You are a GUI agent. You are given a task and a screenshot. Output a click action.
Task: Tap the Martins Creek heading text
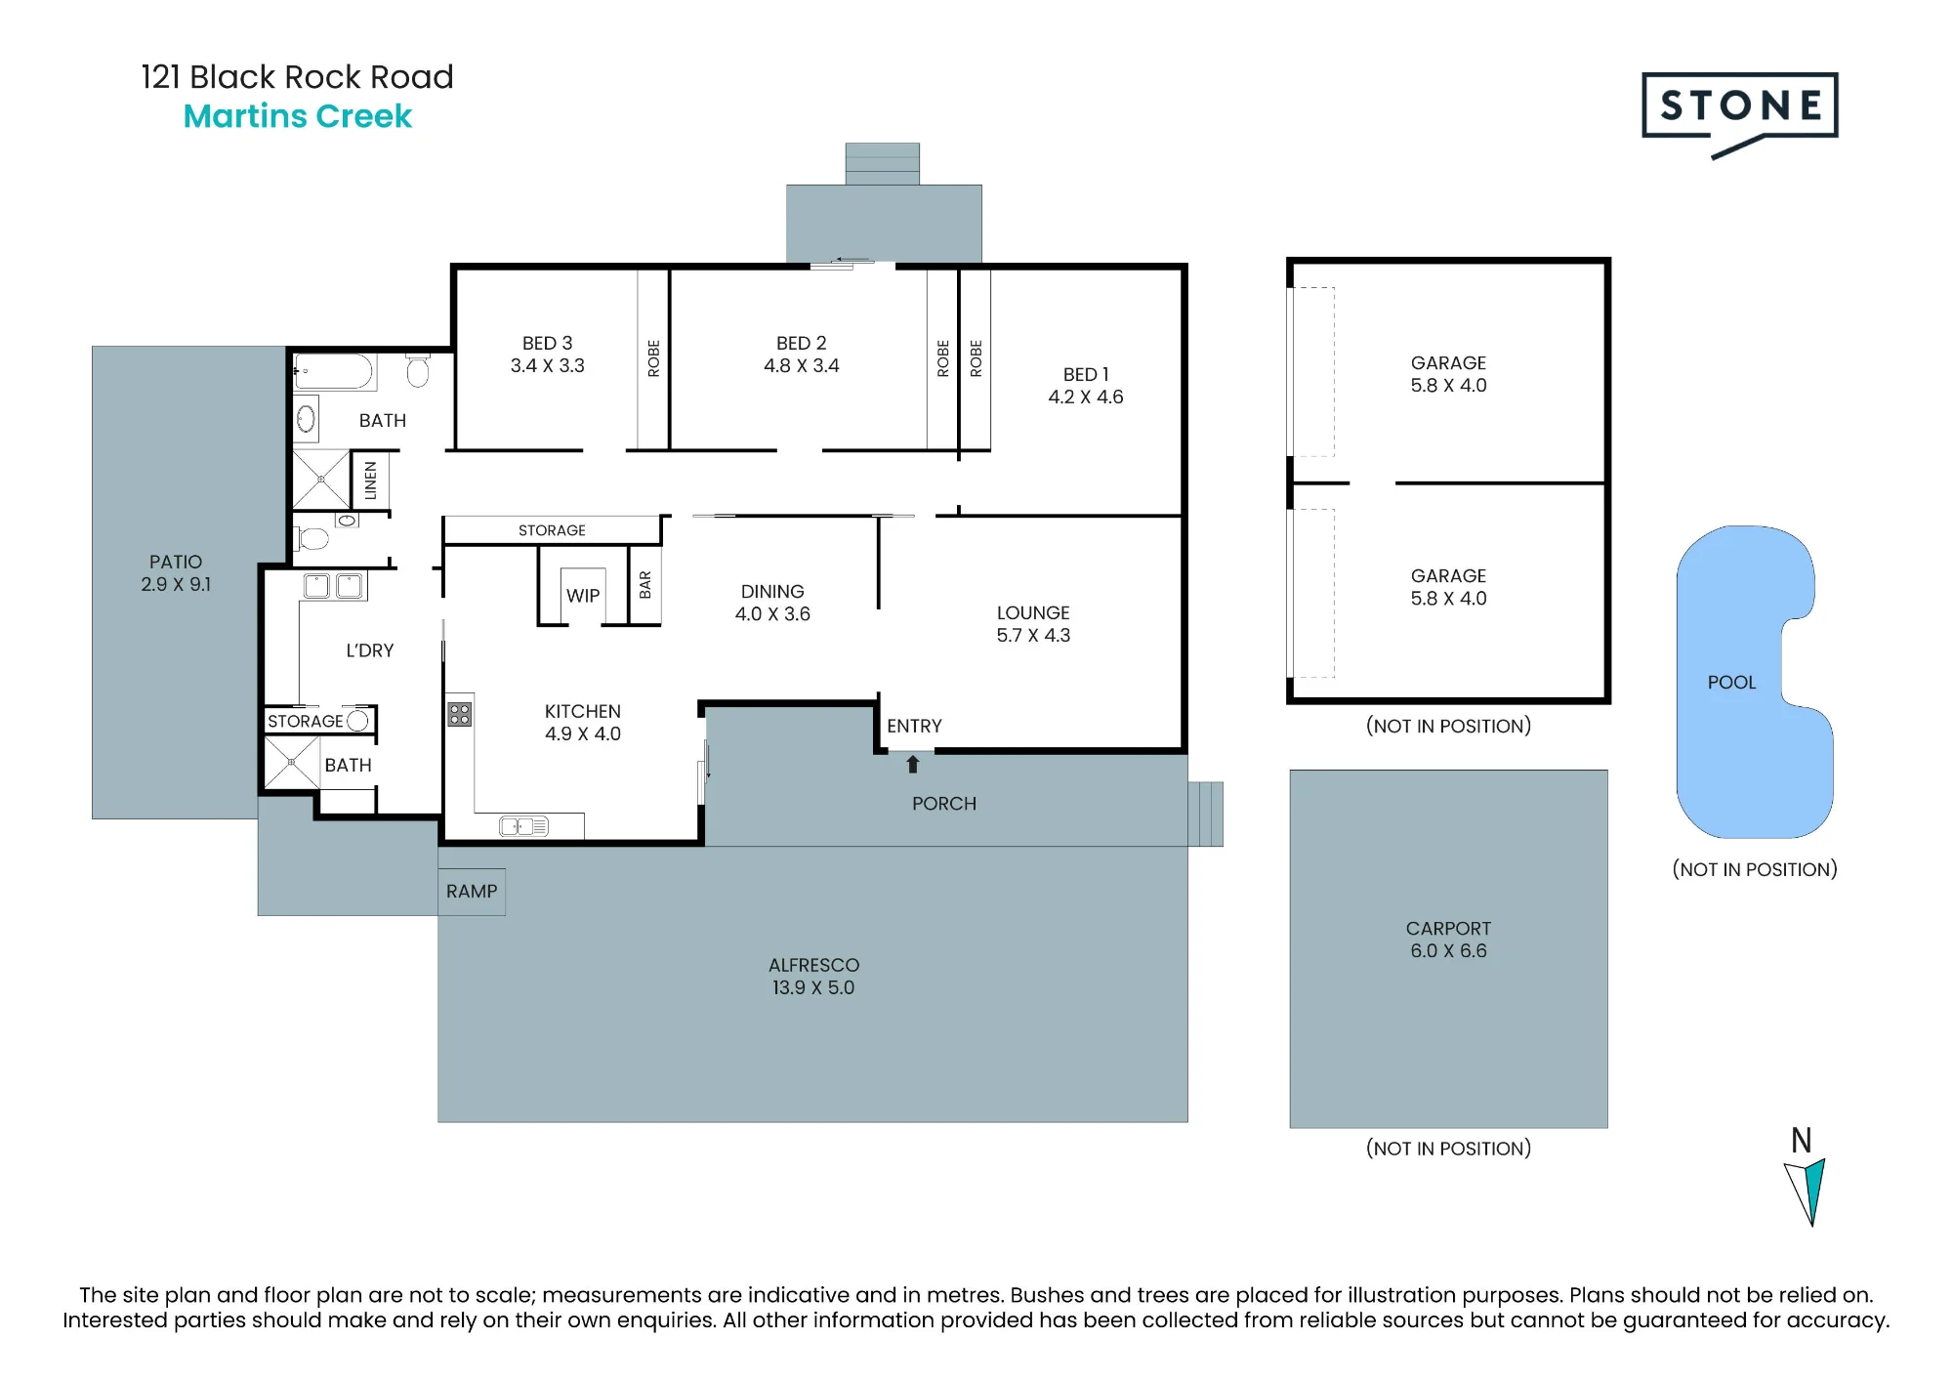click(298, 116)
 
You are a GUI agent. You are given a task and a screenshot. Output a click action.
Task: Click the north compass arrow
click(1807, 1191)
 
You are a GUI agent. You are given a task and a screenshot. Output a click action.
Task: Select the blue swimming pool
click(1753, 682)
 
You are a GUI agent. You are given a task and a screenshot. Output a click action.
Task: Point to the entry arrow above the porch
click(913, 764)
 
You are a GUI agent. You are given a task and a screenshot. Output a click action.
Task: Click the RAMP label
click(472, 892)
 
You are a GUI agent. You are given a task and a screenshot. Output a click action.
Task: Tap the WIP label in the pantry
click(583, 596)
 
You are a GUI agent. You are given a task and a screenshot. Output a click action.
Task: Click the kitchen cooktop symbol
click(460, 714)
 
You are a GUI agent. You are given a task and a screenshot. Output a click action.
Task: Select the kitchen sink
click(524, 827)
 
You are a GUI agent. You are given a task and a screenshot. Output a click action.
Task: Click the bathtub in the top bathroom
click(335, 372)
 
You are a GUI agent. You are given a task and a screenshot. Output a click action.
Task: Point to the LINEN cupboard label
click(370, 481)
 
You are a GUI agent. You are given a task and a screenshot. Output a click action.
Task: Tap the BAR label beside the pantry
click(644, 585)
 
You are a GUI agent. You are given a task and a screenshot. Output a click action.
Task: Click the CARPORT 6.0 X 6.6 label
click(1448, 940)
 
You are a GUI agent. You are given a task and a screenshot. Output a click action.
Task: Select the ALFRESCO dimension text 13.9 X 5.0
click(813, 987)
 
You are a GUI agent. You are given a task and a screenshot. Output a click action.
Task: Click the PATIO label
click(176, 562)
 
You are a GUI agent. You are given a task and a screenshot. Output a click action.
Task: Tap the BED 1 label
click(1086, 374)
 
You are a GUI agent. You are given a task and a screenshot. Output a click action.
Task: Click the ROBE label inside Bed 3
click(654, 358)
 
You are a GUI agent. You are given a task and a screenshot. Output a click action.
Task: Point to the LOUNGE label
click(1033, 612)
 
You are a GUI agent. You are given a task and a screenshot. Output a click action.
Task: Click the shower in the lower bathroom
click(291, 762)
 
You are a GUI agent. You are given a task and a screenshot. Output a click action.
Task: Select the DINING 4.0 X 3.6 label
click(772, 603)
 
